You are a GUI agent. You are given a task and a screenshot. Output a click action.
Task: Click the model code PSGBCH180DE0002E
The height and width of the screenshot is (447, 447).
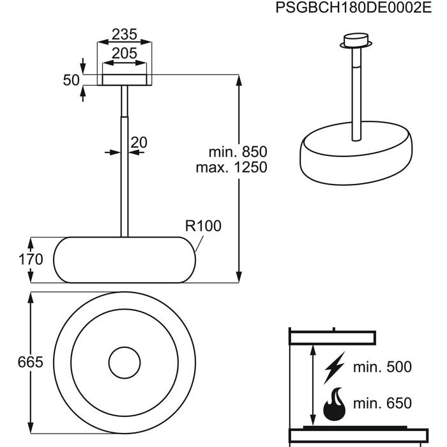[354, 8]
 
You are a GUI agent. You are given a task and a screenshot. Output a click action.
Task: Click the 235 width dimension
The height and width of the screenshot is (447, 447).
[125, 34]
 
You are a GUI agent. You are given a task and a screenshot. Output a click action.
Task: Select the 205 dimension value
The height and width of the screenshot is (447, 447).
[125, 53]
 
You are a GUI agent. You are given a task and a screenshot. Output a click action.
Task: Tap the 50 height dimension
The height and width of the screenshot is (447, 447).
[71, 80]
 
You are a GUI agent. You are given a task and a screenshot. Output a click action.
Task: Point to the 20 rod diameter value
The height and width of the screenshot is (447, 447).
[139, 142]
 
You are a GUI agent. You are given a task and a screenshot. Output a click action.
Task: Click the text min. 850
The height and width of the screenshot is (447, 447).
[238, 152]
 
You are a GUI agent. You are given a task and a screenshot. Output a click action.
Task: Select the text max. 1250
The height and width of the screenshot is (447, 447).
[231, 167]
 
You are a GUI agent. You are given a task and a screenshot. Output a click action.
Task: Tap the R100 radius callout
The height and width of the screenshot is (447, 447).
[203, 226]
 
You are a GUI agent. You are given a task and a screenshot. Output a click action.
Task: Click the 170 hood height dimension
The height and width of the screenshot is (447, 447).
[31, 259]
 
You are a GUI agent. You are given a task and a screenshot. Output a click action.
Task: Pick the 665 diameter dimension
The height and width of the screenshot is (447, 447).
[30, 362]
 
